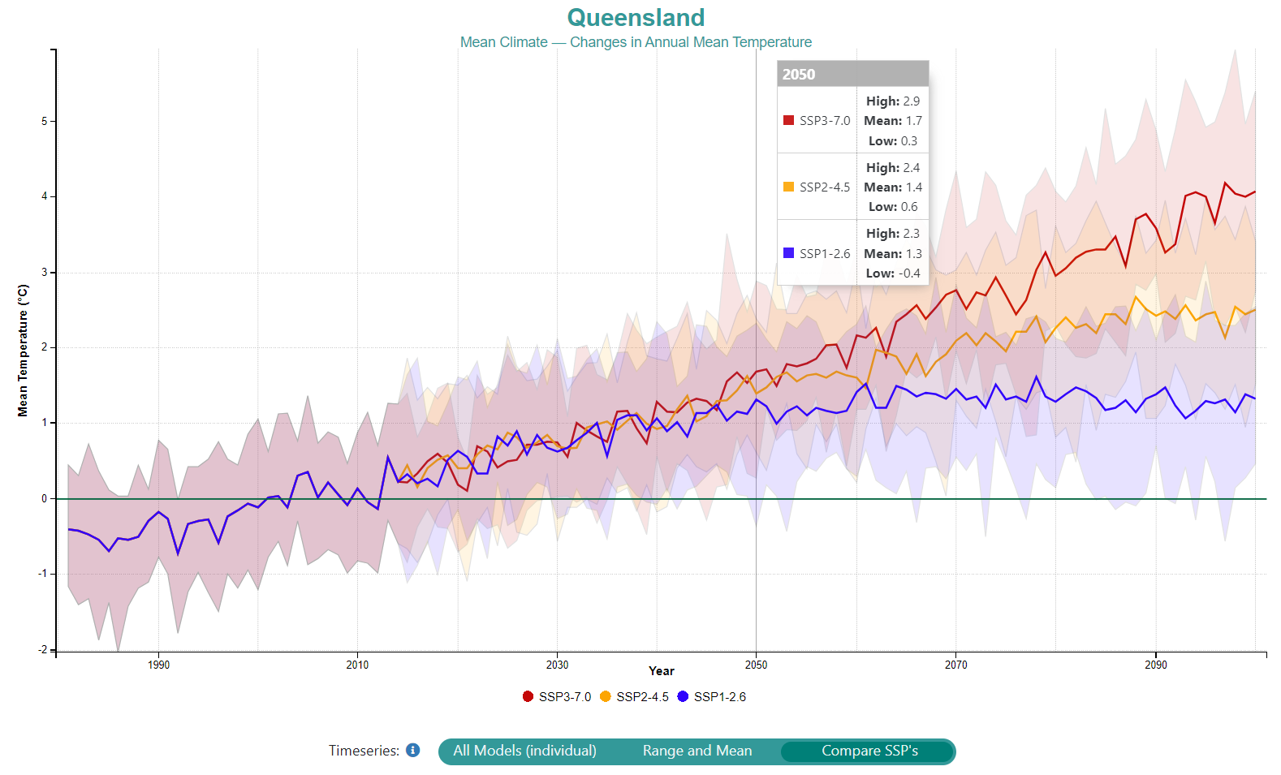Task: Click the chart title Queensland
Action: coord(636,18)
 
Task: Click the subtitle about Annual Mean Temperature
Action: coord(636,42)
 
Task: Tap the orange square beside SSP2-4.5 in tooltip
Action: coord(788,187)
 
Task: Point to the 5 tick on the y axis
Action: coord(45,121)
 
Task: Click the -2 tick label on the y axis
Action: coord(43,649)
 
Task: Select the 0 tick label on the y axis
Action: coord(45,498)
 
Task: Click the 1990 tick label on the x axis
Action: coord(158,665)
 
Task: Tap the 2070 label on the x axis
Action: coord(955,665)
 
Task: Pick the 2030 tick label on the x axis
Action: coord(557,665)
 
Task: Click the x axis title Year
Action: coord(661,671)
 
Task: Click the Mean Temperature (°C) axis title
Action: coord(23,351)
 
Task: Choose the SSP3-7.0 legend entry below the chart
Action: coord(557,697)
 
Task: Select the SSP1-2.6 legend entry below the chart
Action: coord(712,697)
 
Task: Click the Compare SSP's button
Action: coord(869,751)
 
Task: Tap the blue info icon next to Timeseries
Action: coord(413,751)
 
